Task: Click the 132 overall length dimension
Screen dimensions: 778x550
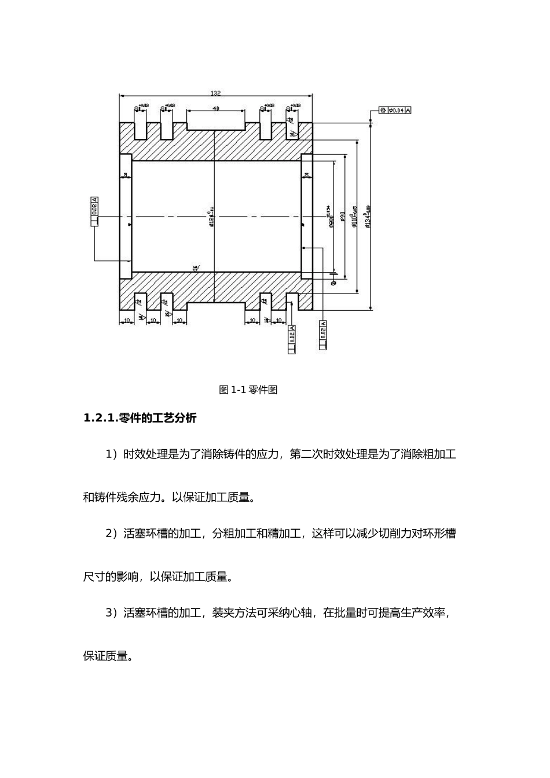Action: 215,93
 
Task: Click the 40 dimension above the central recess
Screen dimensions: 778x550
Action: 215,108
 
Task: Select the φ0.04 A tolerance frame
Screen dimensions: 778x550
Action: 395,109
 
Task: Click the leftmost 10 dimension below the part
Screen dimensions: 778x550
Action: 126,320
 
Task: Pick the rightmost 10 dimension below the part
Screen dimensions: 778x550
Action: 278,320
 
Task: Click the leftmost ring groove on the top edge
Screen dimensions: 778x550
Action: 140,131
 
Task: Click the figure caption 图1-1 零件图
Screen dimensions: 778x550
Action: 248,390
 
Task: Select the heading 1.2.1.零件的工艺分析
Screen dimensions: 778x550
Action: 140,418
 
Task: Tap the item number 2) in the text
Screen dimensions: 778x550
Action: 111,533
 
